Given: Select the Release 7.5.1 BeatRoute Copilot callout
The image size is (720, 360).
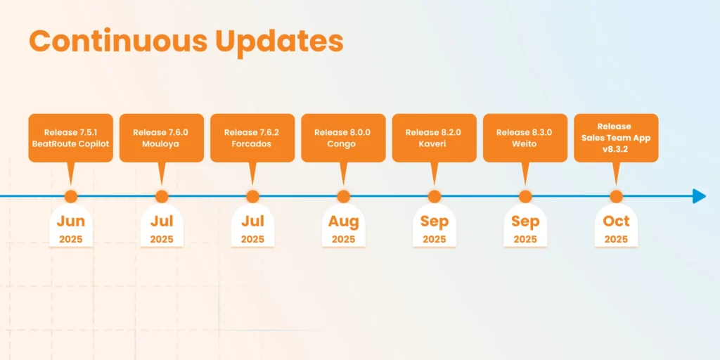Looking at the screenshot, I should tap(71, 138).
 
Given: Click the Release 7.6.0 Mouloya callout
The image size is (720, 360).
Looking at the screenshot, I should tap(162, 138).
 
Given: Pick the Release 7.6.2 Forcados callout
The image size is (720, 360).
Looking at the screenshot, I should tap(252, 138).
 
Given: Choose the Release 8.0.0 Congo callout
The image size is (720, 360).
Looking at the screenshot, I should tap(343, 138).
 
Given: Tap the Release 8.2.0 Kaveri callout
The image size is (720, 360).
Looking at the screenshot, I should tap(434, 138).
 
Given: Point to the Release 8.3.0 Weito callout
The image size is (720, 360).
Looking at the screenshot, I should tap(525, 138).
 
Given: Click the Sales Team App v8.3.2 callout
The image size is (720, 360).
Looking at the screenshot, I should tap(616, 138).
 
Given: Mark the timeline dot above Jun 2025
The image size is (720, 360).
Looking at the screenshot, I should tap(71, 196).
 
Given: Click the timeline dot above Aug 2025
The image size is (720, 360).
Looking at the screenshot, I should tap(343, 196).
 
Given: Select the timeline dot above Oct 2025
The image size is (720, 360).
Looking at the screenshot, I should tap(616, 196).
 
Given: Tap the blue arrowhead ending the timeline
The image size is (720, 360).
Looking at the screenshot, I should tap(699, 196).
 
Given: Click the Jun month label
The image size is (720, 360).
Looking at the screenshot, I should tap(71, 221).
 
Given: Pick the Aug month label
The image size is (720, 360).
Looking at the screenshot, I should tap(343, 221).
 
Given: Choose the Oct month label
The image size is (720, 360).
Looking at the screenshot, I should tap(616, 221).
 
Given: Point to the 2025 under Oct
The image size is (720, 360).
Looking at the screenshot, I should tap(616, 239).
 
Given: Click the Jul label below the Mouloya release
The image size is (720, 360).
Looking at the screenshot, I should tap(162, 221).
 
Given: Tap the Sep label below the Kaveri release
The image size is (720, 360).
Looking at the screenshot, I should tap(434, 221).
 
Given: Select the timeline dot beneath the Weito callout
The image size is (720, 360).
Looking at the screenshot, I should tap(525, 196).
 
